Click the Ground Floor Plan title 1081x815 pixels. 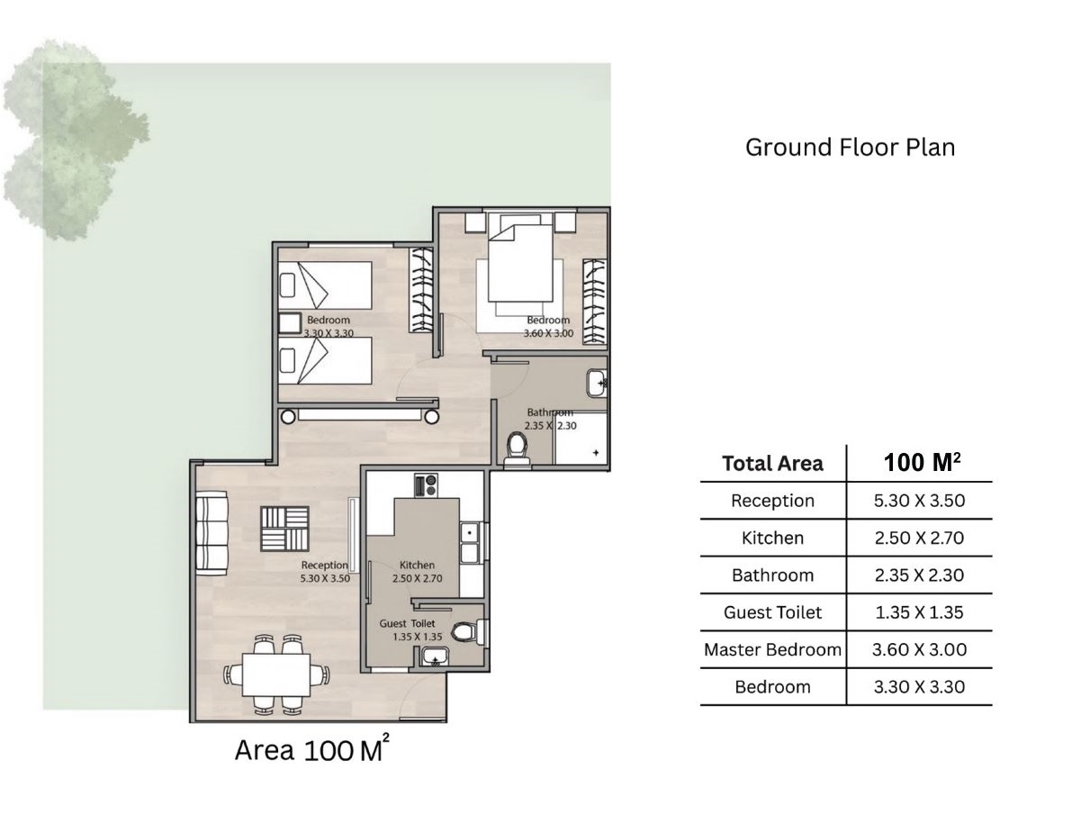pos(850,148)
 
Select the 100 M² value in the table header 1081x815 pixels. pos(922,462)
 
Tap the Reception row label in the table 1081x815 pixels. pos(772,501)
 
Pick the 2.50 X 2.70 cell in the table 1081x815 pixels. pos(919,538)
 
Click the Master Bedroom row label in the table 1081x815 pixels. pos(772,649)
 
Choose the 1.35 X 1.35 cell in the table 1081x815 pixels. pos(919,612)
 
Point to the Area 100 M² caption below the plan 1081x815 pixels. pos(311,749)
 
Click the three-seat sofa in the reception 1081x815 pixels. pos(212,532)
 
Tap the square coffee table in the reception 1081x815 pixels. pos(284,529)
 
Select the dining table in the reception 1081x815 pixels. pos(276,675)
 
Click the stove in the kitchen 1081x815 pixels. pos(426,484)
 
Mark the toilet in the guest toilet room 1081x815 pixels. pos(469,631)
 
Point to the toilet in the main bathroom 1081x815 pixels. pos(518,448)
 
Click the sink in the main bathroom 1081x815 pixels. pos(597,383)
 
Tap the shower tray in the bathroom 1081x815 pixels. pos(581,438)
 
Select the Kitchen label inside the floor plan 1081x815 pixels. pos(417,565)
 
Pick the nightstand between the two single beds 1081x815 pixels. pos(290,323)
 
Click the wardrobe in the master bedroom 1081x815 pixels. pos(594,302)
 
